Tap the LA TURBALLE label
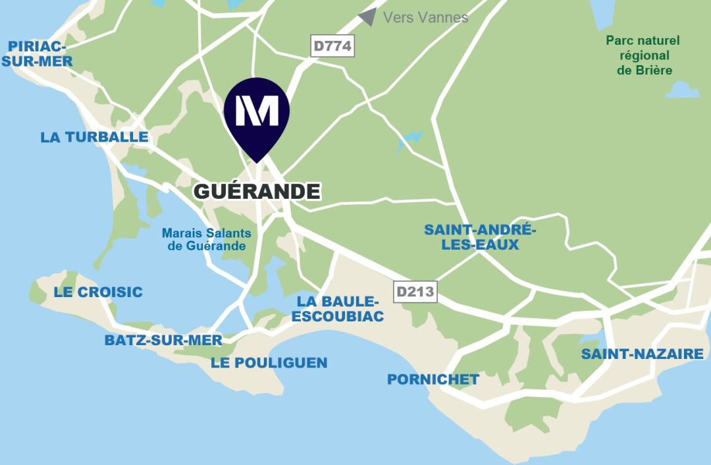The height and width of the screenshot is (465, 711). pyautogui.click(x=94, y=137)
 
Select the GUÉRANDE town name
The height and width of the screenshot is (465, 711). pyautogui.click(x=257, y=192)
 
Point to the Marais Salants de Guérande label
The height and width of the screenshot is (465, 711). pyautogui.click(x=207, y=240)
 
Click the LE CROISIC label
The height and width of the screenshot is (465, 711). pyautogui.click(x=98, y=292)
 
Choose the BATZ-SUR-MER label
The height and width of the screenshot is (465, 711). pyautogui.click(x=163, y=341)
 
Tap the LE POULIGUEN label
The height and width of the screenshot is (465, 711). pyautogui.click(x=269, y=363)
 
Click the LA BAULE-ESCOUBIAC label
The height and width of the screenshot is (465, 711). pyautogui.click(x=338, y=309)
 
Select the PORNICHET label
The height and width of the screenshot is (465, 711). pyautogui.click(x=433, y=379)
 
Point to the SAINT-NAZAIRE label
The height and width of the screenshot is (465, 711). pyautogui.click(x=642, y=354)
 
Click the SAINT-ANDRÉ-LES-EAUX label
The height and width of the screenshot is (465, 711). pyautogui.click(x=480, y=237)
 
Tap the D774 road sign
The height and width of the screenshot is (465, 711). pyautogui.click(x=332, y=47)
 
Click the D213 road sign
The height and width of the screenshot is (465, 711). pyautogui.click(x=415, y=292)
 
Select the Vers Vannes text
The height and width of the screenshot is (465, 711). pyautogui.click(x=425, y=18)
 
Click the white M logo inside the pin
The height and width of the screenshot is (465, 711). pyautogui.click(x=257, y=109)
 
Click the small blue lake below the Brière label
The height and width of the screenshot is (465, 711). pyautogui.click(x=682, y=90)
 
